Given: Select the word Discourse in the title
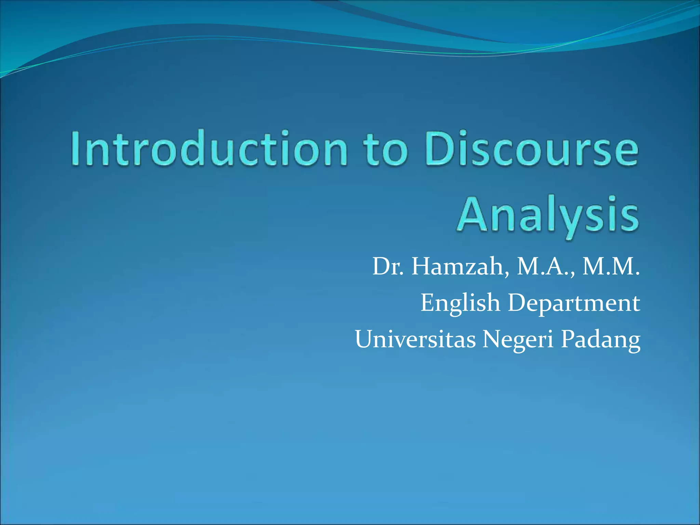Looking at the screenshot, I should coord(531,149).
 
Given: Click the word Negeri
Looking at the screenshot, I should coord(517,340).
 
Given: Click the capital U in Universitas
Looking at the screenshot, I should coord(366,339).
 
